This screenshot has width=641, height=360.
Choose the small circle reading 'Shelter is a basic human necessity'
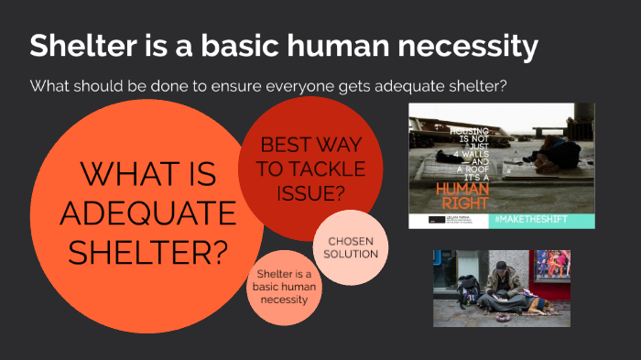pyautogui.click(x=285, y=287)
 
